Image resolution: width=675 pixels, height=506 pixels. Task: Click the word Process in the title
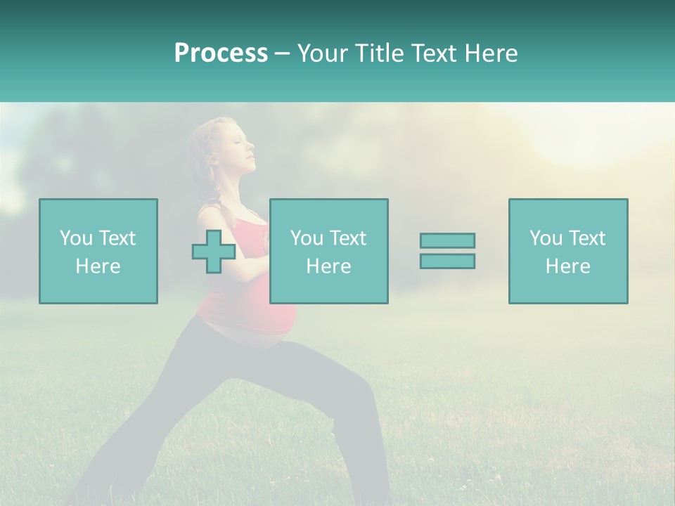coord(221,53)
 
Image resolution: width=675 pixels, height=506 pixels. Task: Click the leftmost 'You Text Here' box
coord(98,252)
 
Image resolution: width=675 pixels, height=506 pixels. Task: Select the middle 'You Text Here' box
coord(329,252)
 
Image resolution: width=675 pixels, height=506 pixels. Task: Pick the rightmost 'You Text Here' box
coord(568,252)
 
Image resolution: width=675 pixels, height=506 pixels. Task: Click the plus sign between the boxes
coord(214,252)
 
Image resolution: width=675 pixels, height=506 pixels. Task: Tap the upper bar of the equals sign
coord(447,240)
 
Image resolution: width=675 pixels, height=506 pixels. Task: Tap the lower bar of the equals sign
coord(447,261)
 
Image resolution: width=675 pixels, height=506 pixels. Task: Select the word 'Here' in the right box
coord(568,266)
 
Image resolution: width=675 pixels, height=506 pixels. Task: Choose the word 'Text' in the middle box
coord(347,238)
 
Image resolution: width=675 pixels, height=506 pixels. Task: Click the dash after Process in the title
coord(283,53)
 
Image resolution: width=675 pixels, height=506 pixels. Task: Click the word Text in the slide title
coord(432,53)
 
